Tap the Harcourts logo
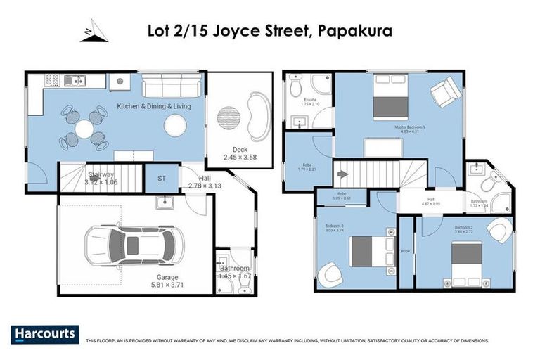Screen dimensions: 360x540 pyautogui.click(x=44, y=334)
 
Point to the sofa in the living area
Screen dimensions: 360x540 pyautogui.click(x=173, y=88)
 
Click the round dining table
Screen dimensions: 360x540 pyautogui.click(x=84, y=129)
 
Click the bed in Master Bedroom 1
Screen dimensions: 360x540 pyautogui.click(x=390, y=97)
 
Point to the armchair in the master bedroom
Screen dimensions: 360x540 pyautogui.click(x=444, y=94)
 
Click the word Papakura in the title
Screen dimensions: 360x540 pyautogui.click(x=354, y=31)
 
